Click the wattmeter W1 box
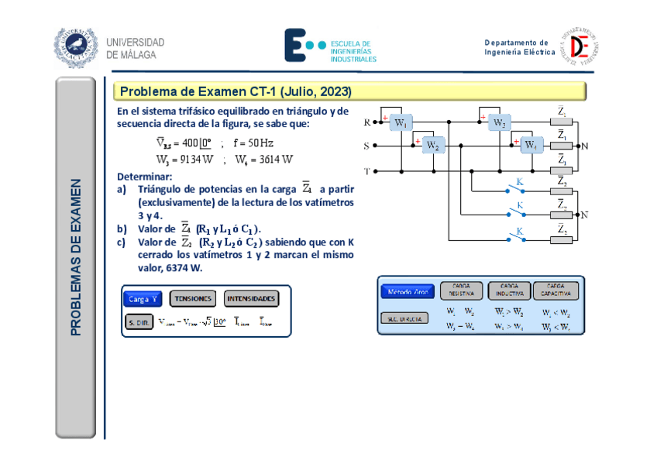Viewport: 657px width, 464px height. tap(400, 122)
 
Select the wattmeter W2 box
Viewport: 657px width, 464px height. tap(433, 145)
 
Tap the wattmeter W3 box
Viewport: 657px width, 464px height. tap(500, 123)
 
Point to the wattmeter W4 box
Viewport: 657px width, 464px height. tap(531, 145)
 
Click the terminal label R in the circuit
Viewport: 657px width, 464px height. tap(366, 122)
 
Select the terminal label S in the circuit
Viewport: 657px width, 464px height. tap(366, 146)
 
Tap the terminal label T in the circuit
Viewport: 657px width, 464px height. tap(366, 170)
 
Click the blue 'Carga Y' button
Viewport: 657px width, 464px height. tap(143, 298)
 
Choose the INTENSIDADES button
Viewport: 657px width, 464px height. tap(251, 298)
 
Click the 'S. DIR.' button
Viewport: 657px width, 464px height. tap(139, 321)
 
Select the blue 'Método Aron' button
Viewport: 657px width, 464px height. tap(408, 291)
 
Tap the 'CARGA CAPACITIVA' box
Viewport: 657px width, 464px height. tap(556, 290)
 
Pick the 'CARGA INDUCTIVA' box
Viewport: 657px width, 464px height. tap(509, 290)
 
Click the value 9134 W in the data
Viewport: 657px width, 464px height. tap(184, 160)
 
